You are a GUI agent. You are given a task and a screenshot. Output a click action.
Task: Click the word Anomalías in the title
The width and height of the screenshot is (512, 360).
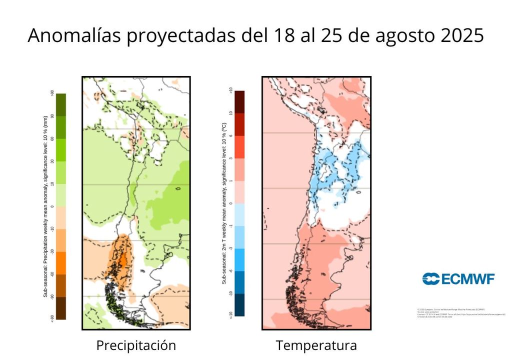[x=74, y=35]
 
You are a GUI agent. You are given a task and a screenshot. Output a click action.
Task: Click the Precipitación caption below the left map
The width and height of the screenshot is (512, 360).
[x=136, y=345]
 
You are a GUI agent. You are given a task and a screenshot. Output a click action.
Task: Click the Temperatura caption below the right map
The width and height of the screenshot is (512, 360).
[x=316, y=345]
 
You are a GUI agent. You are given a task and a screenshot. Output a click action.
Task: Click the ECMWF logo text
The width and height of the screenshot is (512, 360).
[x=467, y=279]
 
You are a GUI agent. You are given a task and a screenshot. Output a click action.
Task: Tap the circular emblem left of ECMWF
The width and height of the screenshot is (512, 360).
[x=430, y=279]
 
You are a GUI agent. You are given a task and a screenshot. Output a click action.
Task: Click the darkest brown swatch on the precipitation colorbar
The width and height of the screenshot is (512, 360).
[x=61, y=308]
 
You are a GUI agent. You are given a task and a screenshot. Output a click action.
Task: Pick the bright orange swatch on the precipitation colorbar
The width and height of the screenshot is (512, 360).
[x=61, y=262]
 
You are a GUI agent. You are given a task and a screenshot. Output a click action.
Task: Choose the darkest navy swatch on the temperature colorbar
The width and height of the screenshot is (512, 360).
[x=239, y=305]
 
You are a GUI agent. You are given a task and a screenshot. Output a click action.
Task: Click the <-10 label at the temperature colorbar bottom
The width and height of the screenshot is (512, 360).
[x=230, y=314]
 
